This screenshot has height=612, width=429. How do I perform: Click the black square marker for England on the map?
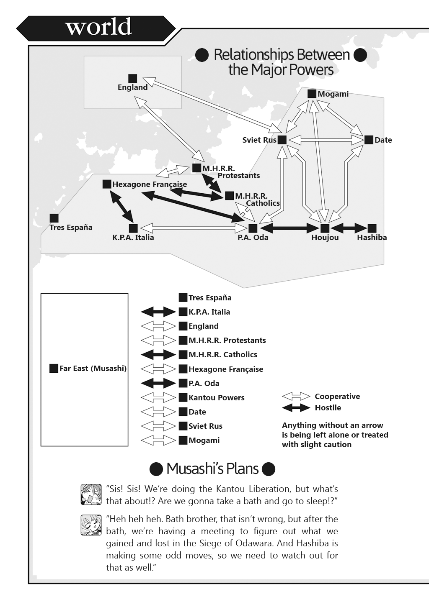pyautogui.click(x=133, y=78)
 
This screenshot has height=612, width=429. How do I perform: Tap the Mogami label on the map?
pyautogui.click(x=333, y=94)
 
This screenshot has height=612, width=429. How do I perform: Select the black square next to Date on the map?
pyautogui.click(x=369, y=140)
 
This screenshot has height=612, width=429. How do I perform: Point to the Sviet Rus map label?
pyautogui.click(x=259, y=140)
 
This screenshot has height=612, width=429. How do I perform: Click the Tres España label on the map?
pyautogui.click(x=71, y=228)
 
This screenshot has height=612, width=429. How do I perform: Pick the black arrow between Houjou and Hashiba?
pyautogui.click(x=349, y=228)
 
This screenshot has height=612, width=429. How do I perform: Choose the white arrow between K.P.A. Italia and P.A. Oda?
pyautogui.click(x=193, y=228)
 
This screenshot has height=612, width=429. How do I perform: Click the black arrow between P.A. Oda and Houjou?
pyautogui.click(x=289, y=228)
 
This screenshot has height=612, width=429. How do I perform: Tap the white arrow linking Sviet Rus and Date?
pyautogui.click(x=326, y=140)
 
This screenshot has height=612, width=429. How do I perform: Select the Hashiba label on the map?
pyautogui.click(x=372, y=238)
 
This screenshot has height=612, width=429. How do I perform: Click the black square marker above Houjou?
pyautogui.click(x=325, y=228)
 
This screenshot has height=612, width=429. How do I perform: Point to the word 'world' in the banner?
pyautogui.click(x=98, y=27)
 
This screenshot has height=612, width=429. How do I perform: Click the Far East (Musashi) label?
pyautogui.click(x=93, y=369)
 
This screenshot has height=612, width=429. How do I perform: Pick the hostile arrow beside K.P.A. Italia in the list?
pyautogui.click(x=158, y=312)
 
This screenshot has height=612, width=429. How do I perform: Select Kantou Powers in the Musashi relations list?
pyautogui.click(x=217, y=397)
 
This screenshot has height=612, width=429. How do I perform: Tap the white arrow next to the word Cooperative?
pyautogui.click(x=296, y=396)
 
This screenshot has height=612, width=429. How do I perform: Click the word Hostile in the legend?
pyautogui.click(x=328, y=407)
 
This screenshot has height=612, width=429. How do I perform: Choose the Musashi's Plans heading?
pyautogui.click(x=212, y=469)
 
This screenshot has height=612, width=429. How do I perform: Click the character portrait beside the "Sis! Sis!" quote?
pyautogui.click(x=91, y=494)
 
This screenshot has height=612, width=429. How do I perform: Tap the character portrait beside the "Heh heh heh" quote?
pyautogui.click(x=91, y=525)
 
